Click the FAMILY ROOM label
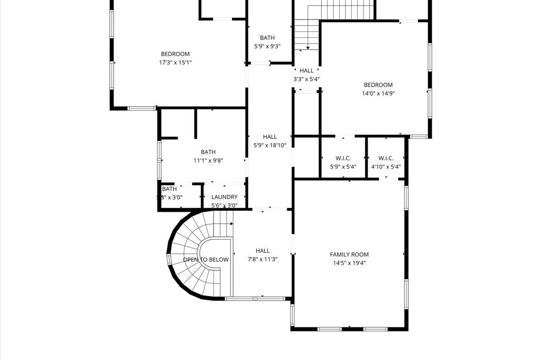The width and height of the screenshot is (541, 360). click(x=349, y=254)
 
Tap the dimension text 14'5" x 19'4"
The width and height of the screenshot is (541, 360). click(x=349, y=263)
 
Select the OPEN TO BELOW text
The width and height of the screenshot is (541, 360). click(x=206, y=260)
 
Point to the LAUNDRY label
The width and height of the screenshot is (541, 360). click(x=225, y=197)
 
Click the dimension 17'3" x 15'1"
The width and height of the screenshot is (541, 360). click(x=175, y=62)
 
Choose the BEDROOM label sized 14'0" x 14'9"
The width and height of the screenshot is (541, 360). click(x=378, y=85)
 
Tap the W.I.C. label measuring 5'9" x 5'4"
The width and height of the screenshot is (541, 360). click(x=343, y=158)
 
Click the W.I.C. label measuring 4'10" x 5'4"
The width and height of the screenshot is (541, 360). click(x=386, y=158)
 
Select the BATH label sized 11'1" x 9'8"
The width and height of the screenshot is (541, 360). click(x=208, y=152)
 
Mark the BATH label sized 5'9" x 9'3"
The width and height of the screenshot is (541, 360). click(x=267, y=37)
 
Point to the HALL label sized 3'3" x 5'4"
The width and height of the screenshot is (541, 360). click(x=306, y=70)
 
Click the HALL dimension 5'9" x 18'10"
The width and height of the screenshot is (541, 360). click(x=270, y=145)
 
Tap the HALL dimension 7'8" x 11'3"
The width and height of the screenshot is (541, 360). click(x=263, y=259)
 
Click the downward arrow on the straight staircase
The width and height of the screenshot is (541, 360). click(x=307, y=47)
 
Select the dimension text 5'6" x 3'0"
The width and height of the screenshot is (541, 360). click(x=225, y=205)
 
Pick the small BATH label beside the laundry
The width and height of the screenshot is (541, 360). click(x=170, y=189)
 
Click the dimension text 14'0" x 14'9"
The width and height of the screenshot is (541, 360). click(x=378, y=93)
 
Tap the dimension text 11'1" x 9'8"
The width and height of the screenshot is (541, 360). click(x=208, y=160)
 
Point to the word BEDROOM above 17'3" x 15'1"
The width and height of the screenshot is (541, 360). click(x=175, y=54)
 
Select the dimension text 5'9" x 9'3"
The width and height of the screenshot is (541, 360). click(x=267, y=46)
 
